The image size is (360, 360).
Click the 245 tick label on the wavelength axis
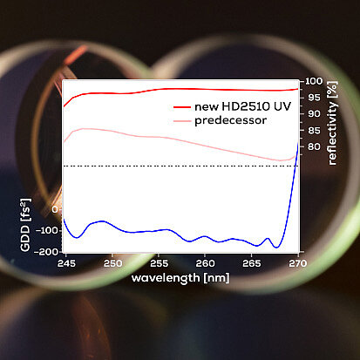click(x=66, y=263)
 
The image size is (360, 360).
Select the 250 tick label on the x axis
click(x=112, y=263)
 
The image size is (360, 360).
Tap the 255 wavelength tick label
click(x=159, y=263)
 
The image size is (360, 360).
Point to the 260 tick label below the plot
click(x=205, y=263)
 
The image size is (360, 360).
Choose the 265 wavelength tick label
click(x=252, y=263)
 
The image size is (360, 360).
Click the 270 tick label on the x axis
click(x=297, y=263)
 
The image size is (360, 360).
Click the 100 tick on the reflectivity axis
click(x=314, y=81)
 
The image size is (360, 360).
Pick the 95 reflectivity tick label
click(x=314, y=98)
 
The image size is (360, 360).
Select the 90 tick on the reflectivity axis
click(x=314, y=114)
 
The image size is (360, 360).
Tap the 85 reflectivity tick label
click(x=314, y=131)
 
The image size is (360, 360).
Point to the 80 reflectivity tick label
click(x=314, y=146)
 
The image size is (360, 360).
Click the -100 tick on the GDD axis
click(x=48, y=231)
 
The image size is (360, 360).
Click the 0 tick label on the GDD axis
click(x=55, y=209)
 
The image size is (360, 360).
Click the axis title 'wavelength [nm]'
click(x=180, y=278)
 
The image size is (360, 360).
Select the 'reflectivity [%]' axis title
click(x=332, y=123)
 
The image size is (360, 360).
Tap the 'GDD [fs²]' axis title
click(x=25, y=225)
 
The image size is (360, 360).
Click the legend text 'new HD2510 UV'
click(x=242, y=106)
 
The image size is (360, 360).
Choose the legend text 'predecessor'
click(x=230, y=120)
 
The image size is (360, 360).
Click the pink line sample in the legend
click(x=182, y=121)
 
